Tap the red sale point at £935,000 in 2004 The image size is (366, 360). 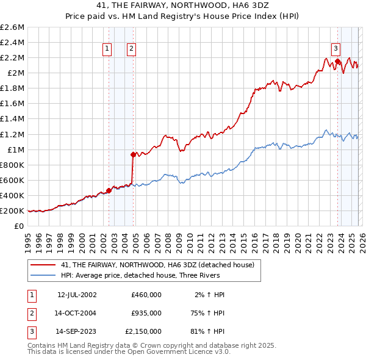[134, 154]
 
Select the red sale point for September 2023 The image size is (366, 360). [337, 61]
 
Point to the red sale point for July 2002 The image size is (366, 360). [109, 190]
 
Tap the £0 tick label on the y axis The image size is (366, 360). [20, 226]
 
